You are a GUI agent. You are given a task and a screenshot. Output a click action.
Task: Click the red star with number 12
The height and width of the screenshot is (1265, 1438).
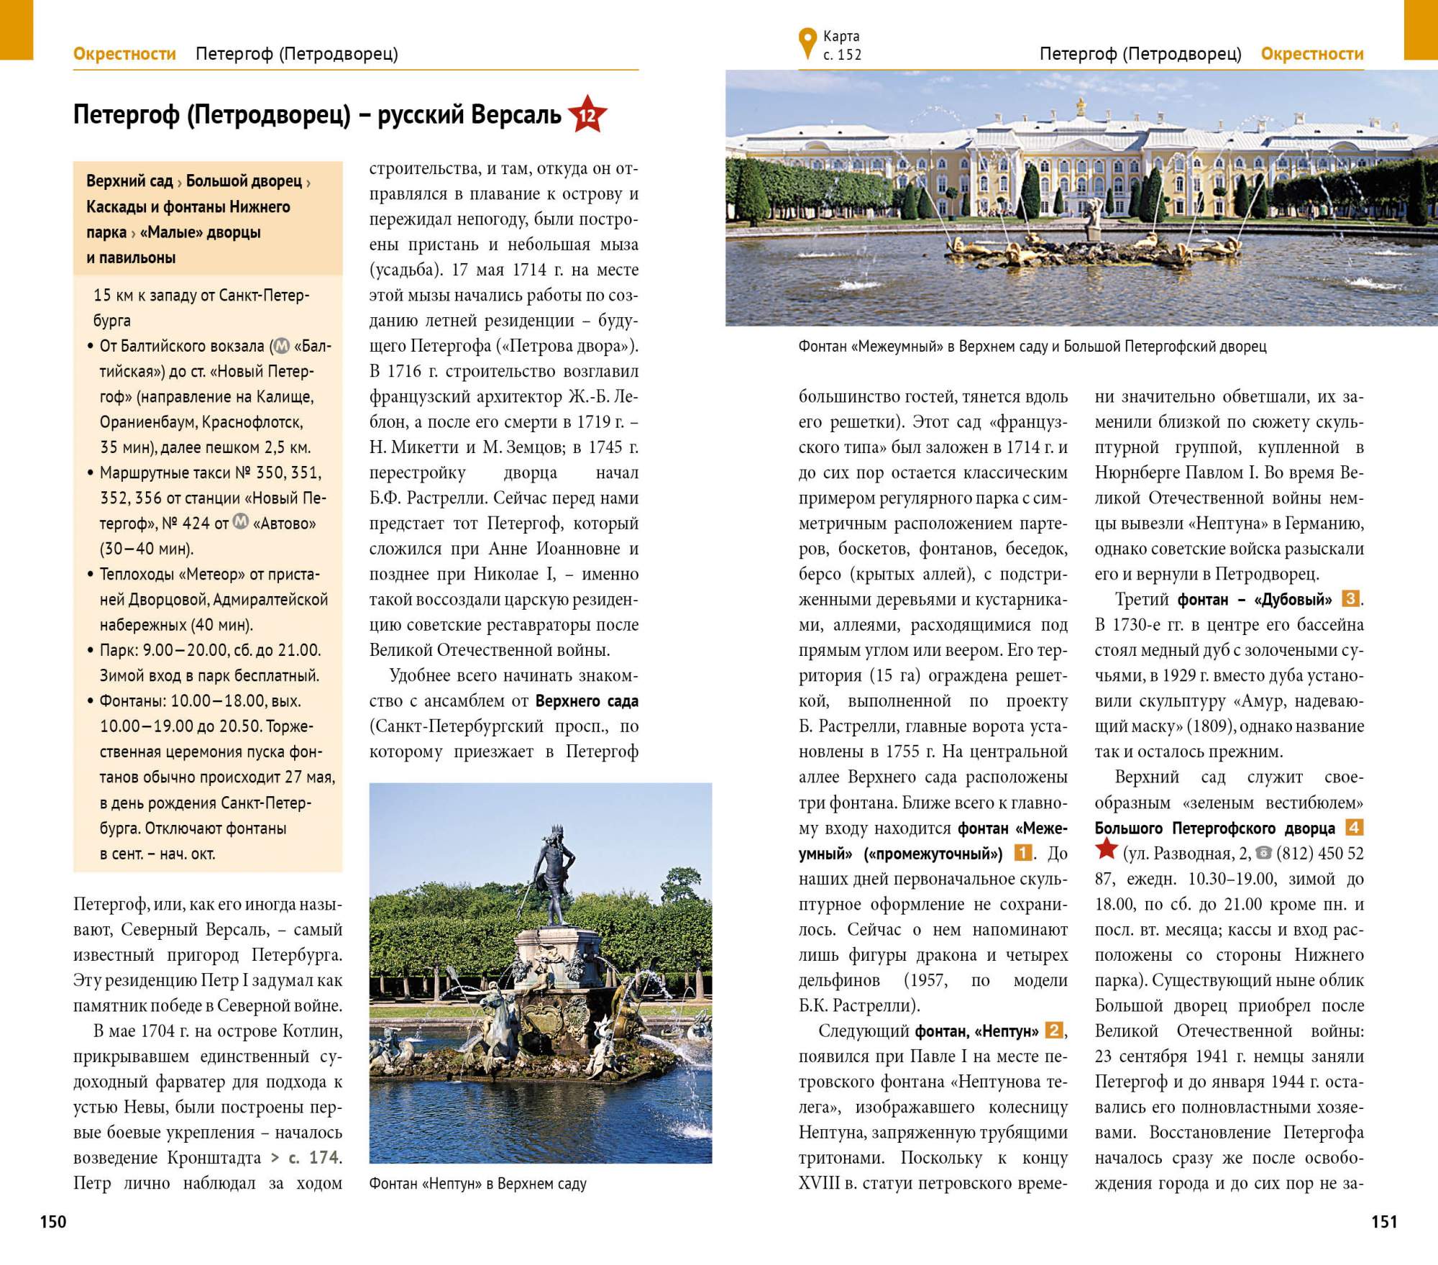(x=587, y=115)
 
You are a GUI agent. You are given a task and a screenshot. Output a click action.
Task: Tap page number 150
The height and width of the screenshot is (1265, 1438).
(x=53, y=1221)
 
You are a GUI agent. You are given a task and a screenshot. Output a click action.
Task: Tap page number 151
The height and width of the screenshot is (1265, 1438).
(x=1383, y=1221)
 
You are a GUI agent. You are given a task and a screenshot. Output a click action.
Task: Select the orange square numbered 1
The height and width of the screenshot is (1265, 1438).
(x=1022, y=854)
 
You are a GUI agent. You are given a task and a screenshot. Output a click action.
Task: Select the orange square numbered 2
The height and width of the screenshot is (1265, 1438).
(x=1053, y=1031)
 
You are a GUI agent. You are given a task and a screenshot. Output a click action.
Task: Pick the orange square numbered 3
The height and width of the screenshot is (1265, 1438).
(x=1350, y=599)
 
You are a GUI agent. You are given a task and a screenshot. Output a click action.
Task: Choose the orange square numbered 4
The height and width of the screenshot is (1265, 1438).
(x=1354, y=828)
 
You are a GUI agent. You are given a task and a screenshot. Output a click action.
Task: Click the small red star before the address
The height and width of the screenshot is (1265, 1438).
(x=1106, y=850)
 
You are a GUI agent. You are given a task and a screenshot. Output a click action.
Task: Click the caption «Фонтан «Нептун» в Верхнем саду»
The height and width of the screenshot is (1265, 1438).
(x=478, y=1183)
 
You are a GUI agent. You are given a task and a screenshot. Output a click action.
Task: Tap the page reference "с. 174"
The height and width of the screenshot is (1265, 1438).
(x=314, y=1157)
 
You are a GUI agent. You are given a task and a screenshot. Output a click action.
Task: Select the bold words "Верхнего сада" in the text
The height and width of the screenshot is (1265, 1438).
(x=587, y=701)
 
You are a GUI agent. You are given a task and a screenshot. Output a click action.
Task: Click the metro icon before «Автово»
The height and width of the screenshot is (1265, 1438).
(x=241, y=521)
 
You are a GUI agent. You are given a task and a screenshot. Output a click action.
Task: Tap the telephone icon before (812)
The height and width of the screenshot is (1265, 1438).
(x=1263, y=853)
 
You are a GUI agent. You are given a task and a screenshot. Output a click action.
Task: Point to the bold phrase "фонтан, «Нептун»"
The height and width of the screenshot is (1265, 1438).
(x=976, y=1031)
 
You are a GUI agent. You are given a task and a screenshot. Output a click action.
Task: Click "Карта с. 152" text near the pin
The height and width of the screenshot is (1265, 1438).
(x=842, y=45)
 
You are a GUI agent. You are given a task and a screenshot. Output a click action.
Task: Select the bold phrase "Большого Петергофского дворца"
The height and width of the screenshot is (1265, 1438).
(x=1214, y=828)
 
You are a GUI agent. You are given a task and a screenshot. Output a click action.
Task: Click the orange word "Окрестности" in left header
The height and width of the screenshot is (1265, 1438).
(x=124, y=54)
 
